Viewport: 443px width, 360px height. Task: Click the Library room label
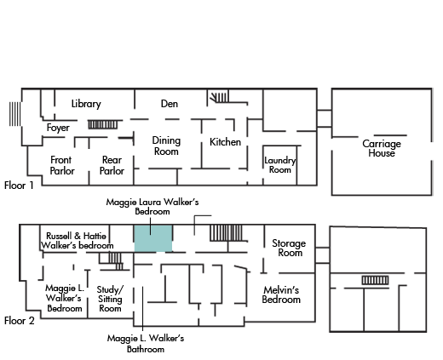[x=86, y=104]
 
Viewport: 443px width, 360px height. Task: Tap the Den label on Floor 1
[x=170, y=104]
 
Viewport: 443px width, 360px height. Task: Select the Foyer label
[x=58, y=128]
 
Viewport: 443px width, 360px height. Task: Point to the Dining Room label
[x=166, y=146]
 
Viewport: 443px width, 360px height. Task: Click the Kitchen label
[x=225, y=142]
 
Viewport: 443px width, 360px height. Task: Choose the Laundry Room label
[x=280, y=165]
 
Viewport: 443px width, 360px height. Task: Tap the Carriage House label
[x=382, y=148]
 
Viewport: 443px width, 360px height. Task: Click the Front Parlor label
[x=62, y=165]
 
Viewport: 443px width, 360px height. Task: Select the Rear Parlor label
[x=112, y=165]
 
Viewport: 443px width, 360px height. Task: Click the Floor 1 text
[x=19, y=186]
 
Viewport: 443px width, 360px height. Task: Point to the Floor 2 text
[x=20, y=321]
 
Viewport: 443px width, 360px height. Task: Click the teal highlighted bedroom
[x=153, y=238]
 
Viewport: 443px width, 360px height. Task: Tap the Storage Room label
[x=289, y=248]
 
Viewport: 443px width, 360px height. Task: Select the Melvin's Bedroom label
[x=281, y=294]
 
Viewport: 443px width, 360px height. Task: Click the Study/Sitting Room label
[x=110, y=299]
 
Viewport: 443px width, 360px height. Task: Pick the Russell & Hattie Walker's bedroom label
[x=78, y=241]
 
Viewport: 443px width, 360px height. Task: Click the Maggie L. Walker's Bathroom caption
[x=146, y=344]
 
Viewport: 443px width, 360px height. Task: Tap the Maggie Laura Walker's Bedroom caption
[x=152, y=207]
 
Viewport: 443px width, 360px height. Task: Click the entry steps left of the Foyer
[x=15, y=114]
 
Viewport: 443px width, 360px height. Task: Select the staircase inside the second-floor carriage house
[x=375, y=280]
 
